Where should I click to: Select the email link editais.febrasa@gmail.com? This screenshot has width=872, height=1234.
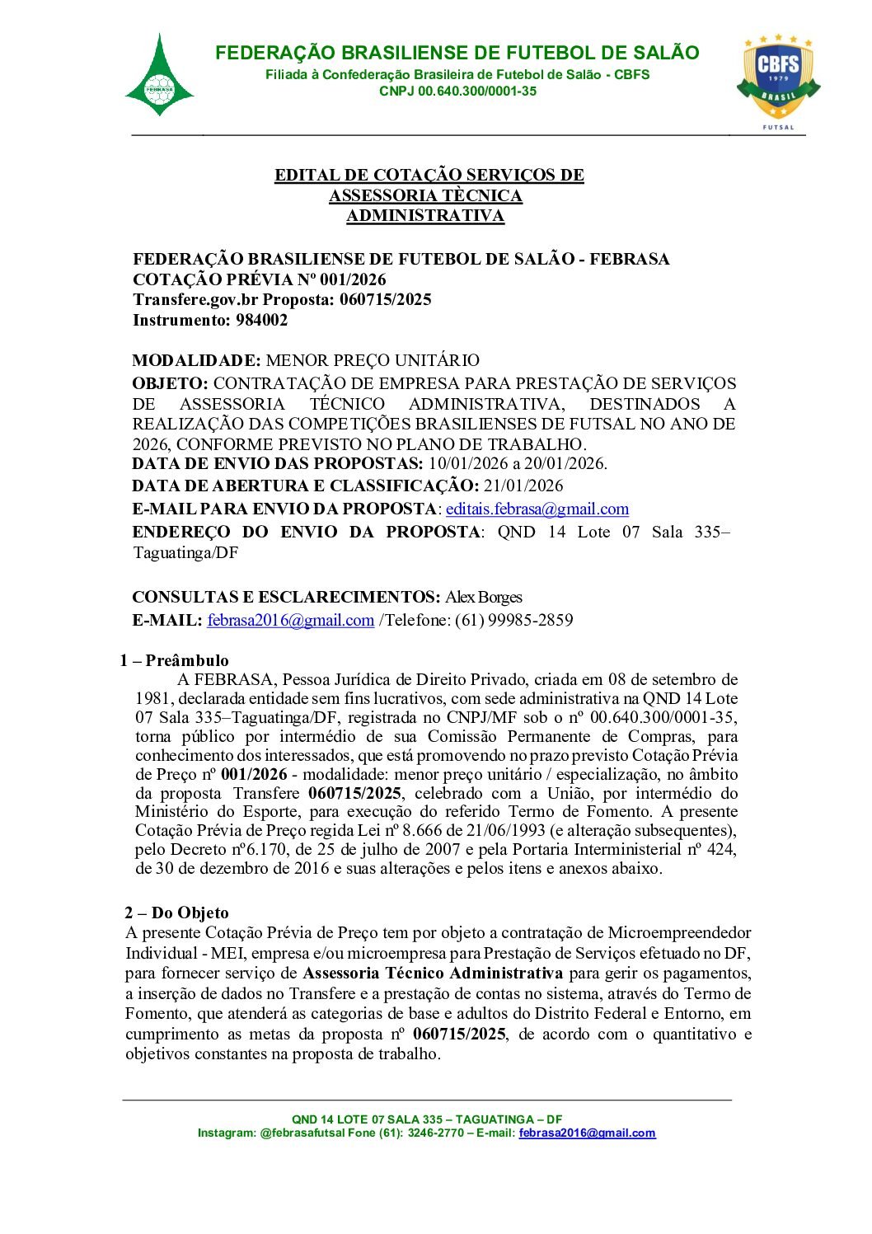point(537,509)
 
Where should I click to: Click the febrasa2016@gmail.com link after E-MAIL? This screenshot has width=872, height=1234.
point(290,620)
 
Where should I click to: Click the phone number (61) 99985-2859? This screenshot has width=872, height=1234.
point(514,620)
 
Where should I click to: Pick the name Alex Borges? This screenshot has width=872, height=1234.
point(484,597)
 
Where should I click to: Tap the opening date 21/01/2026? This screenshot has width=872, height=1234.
point(523,486)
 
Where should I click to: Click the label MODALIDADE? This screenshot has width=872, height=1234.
point(196,360)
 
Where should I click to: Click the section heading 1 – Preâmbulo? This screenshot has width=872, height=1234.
point(174,660)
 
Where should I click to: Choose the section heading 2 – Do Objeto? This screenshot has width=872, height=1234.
point(176,913)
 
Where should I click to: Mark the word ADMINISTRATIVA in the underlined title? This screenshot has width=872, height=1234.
point(424,216)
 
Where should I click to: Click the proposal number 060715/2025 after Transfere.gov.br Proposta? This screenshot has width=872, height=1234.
point(385,299)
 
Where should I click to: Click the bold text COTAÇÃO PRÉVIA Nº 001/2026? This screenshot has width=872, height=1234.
point(260,279)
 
